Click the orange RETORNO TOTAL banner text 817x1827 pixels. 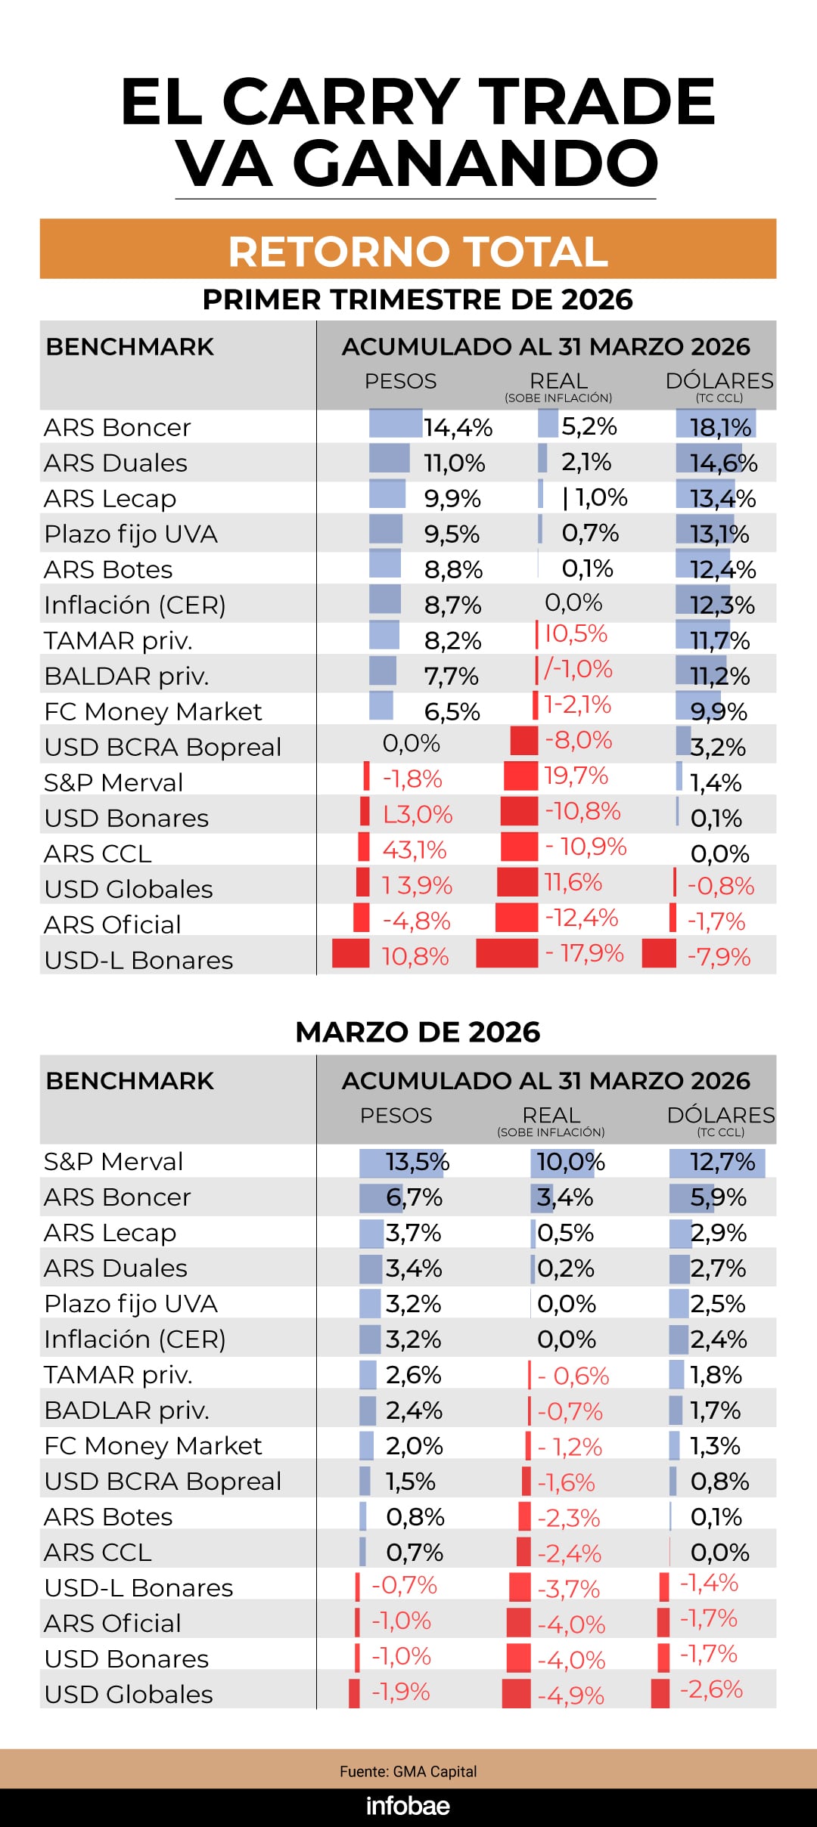pyautogui.click(x=418, y=251)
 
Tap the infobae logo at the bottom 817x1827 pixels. pyautogui.click(x=408, y=1806)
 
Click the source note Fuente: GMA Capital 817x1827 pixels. pyautogui.click(x=408, y=1771)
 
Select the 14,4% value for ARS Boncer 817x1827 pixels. pyautogui.click(x=458, y=428)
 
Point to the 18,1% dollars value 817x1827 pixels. pyautogui.click(x=720, y=428)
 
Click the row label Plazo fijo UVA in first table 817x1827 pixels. pyautogui.click(x=131, y=534)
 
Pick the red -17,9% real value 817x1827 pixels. pyautogui.click(x=585, y=953)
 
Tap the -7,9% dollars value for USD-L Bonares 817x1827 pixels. pyautogui.click(x=719, y=957)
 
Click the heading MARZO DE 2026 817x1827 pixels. pyautogui.click(x=418, y=1032)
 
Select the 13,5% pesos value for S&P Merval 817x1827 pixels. pyautogui.click(x=418, y=1162)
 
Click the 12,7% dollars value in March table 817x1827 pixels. pyautogui.click(x=722, y=1162)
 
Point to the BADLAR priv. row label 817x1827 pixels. pyautogui.click(x=126, y=1411)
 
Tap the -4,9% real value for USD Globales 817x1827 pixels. pyautogui.click(x=570, y=1695)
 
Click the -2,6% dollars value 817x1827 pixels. pyautogui.click(x=711, y=1689)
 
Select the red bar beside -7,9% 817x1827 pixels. pyautogui.click(x=658, y=953)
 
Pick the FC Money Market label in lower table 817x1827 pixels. pyautogui.click(x=153, y=1446)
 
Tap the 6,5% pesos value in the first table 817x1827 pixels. pyautogui.click(x=452, y=712)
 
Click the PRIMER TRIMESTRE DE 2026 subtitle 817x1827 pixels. pyautogui.click(x=418, y=299)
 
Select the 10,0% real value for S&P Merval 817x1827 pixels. pyautogui.click(x=570, y=1162)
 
